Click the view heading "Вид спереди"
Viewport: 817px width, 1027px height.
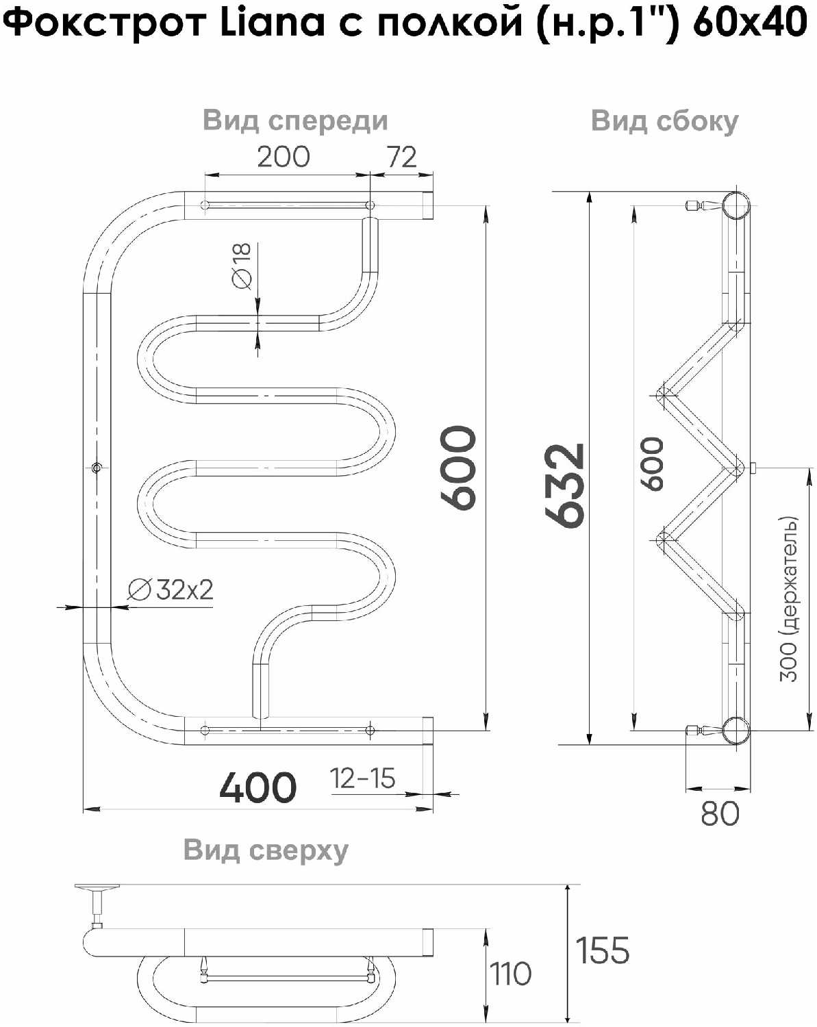(295, 121)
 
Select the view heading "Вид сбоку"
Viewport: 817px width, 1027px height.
(664, 121)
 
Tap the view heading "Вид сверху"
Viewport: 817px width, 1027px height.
(266, 850)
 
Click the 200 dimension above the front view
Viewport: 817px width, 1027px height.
(283, 157)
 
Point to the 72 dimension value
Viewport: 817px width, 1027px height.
(401, 157)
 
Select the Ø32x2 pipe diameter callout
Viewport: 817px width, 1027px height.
(171, 589)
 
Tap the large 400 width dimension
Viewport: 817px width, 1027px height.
(257, 787)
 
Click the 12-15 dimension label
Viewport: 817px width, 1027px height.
(362, 778)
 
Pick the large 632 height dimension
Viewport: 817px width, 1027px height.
(566, 485)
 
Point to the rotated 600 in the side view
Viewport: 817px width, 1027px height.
(652, 464)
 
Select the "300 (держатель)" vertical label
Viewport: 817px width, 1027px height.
(789, 598)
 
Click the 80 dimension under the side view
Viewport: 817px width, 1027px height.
(720, 813)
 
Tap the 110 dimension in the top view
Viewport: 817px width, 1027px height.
(510, 974)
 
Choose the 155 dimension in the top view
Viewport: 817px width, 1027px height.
(602, 950)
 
